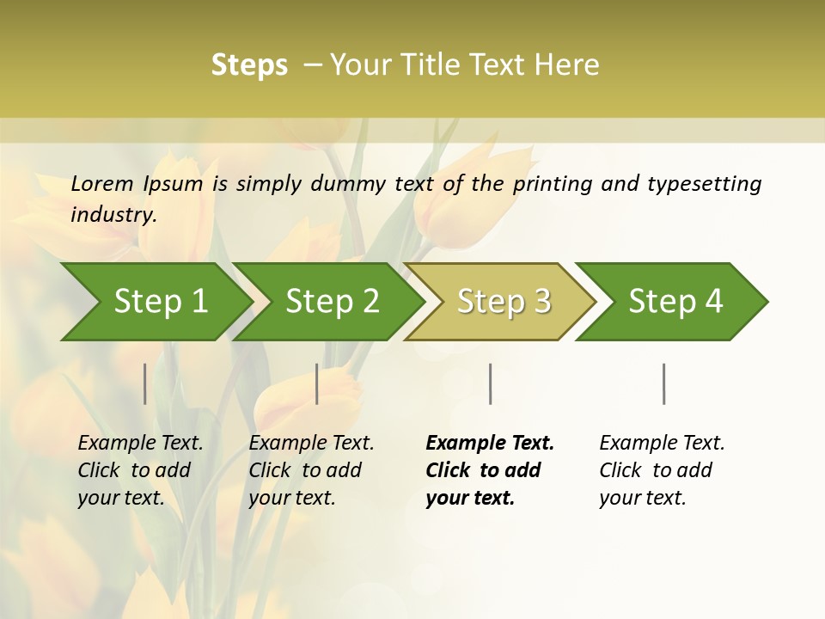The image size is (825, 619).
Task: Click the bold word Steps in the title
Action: click(249, 64)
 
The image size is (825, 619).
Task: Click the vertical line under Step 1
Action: click(145, 383)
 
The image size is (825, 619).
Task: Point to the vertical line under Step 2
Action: click(317, 383)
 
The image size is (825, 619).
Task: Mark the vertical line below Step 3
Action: click(491, 383)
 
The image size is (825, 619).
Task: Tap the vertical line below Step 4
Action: click(664, 383)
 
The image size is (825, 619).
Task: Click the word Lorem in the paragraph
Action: click(102, 183)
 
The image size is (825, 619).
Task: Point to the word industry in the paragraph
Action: click(113, 214)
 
